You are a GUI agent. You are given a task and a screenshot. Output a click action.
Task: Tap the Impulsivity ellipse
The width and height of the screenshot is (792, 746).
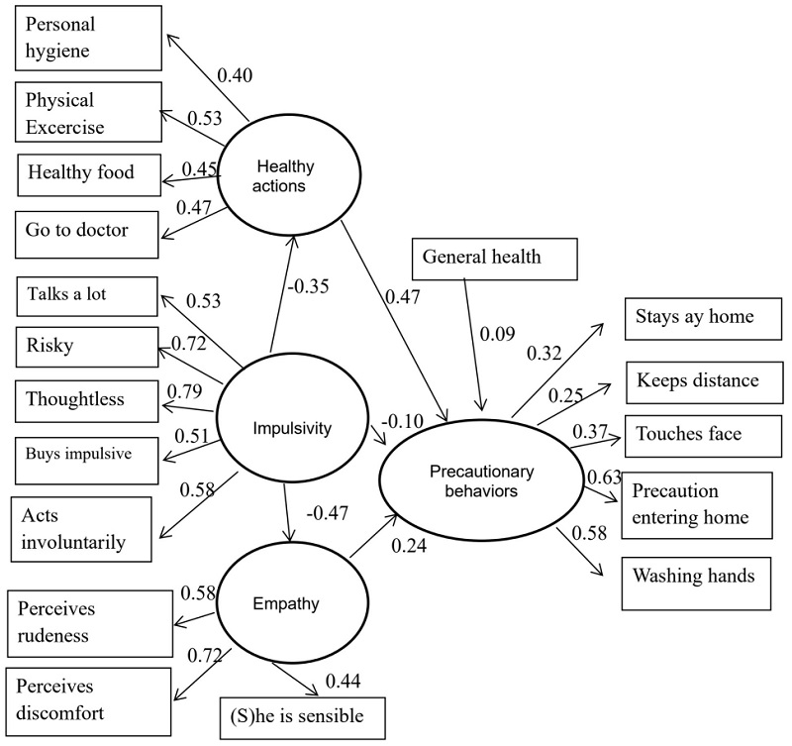(287, 429)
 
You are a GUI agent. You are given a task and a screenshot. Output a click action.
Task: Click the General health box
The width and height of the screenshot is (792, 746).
(482, 258)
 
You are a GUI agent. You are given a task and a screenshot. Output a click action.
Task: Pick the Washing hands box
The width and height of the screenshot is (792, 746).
(696, 575)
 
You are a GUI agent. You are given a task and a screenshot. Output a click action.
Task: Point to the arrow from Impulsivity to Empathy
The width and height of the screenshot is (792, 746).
(287, 511)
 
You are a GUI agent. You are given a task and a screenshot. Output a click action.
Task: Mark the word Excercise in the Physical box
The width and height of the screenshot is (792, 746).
(65, 127)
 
